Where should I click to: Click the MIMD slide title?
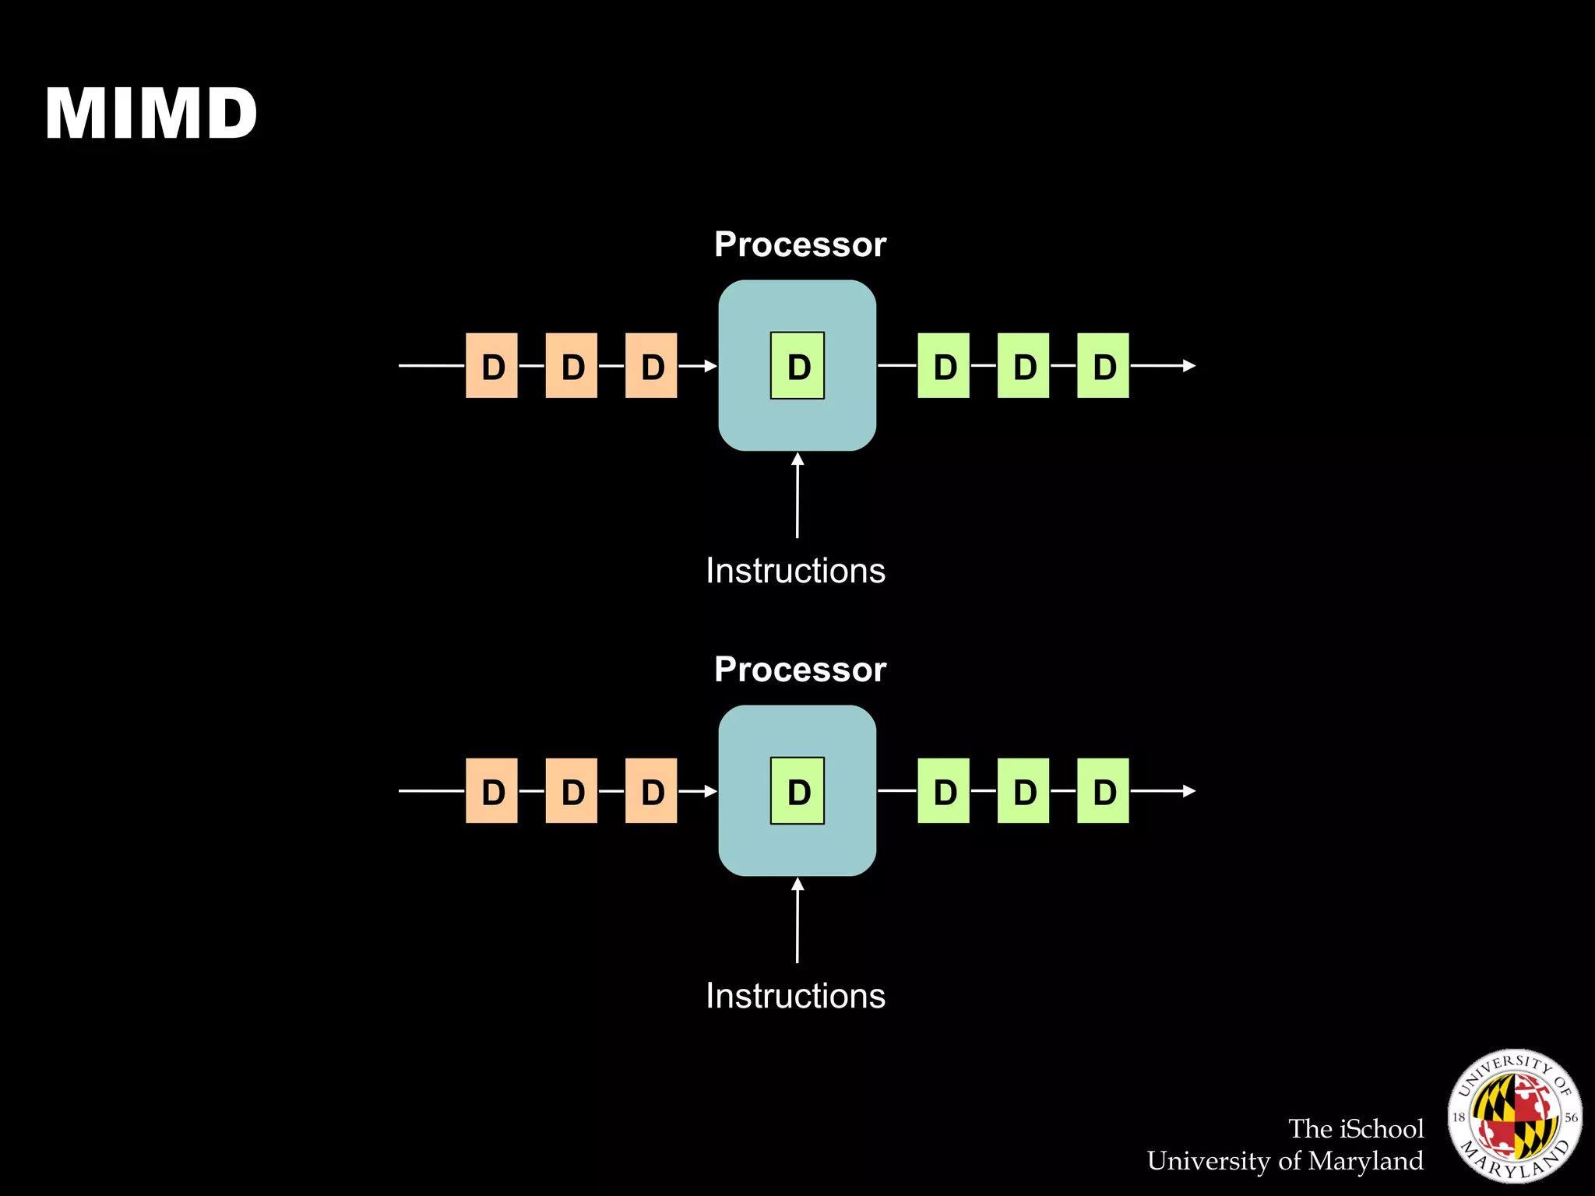point(151,114)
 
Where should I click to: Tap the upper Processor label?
point(800,244)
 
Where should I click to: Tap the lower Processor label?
point(800,670)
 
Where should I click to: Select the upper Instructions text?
point(795,571)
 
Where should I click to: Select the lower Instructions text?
point(795,996)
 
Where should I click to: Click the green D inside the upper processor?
point(797,366)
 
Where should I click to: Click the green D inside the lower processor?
point(797,791)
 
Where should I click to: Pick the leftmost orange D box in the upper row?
point(491,366)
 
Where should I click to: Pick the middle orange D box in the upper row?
point(572,366)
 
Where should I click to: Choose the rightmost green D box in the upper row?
point(1103,366)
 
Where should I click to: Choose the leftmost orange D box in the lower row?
point(491,791)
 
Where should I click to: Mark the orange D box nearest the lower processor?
point(651,791)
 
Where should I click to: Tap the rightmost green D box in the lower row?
point(1103,791)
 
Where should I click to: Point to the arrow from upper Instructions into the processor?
point(797,495)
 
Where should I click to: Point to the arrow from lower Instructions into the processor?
point(797,920)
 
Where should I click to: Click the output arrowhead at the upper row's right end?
point(1188,365)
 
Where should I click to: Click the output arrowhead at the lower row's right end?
point(1188,791)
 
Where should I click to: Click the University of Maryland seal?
point(1514,1116)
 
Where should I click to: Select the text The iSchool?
point(1355,1129)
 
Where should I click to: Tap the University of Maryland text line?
point(1285,1161)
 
